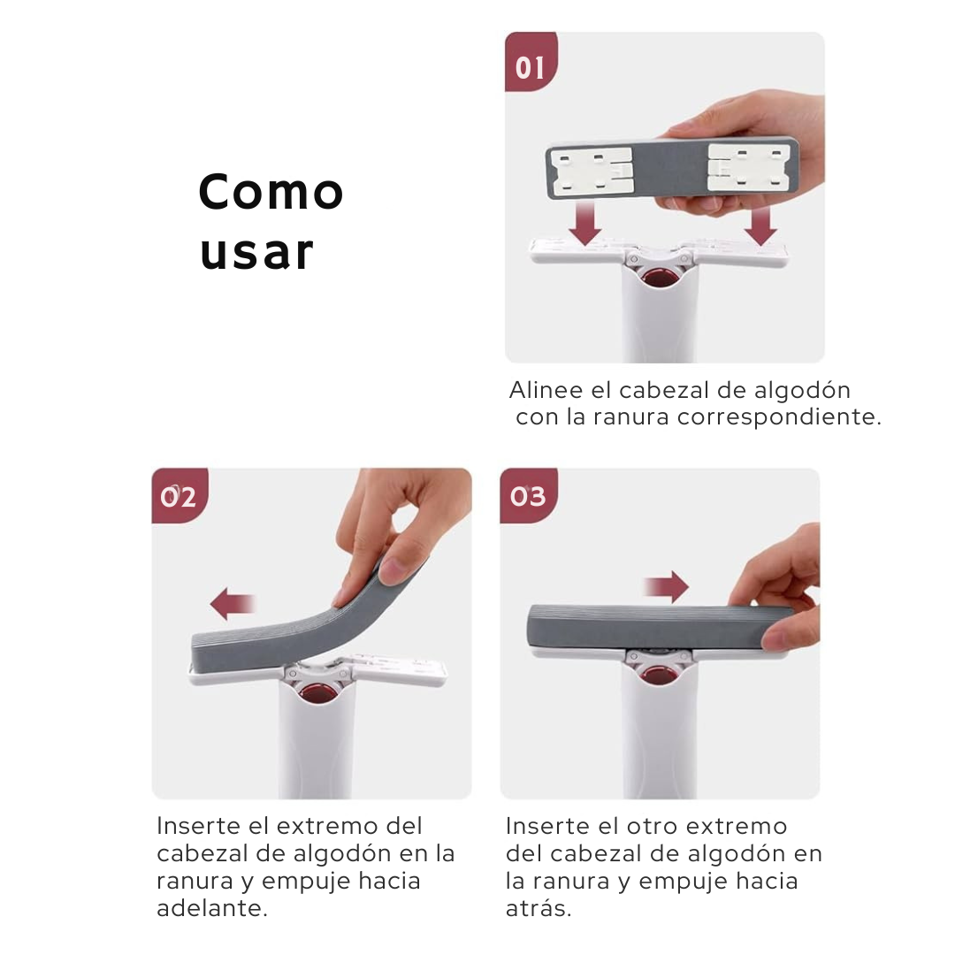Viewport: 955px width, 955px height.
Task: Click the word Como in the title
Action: point(271,192)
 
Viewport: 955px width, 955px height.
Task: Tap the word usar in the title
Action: point(256,252)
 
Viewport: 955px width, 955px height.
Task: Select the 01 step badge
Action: point(531,67)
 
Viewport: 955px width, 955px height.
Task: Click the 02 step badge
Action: point(179,497)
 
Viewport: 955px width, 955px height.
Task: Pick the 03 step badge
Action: point(528,497)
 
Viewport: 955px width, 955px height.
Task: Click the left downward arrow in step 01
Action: point(584,224)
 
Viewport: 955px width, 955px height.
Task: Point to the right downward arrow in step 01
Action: point(760,224)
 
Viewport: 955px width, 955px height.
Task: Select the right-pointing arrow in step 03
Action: point(666,585)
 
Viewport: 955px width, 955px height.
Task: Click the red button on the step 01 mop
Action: point(657,278)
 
